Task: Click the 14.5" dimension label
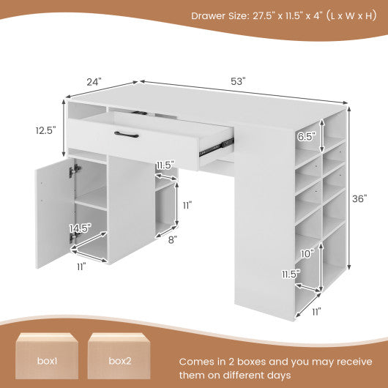tap(81, 228)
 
